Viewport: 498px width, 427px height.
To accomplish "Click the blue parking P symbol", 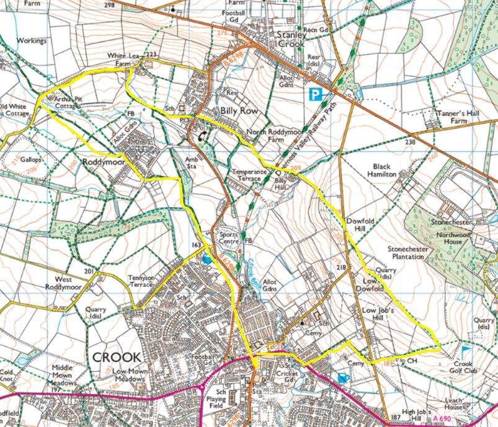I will point(316,95).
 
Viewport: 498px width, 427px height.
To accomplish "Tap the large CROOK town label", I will point(117,358).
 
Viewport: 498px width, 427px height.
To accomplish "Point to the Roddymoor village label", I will point(104,161).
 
